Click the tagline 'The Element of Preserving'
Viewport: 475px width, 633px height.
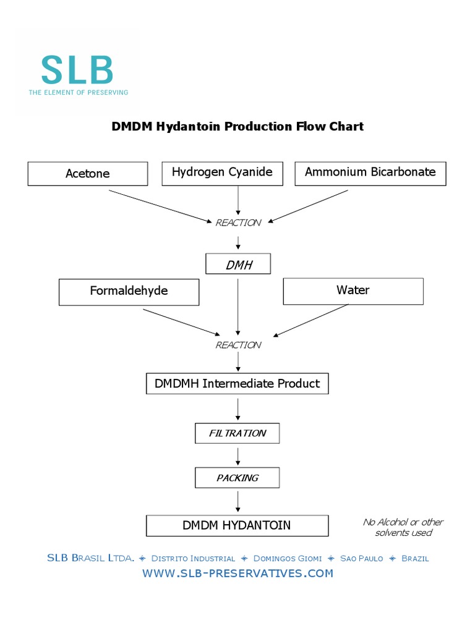(x=78, y=92)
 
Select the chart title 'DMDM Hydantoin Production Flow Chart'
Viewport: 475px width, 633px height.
(x=237, y=127)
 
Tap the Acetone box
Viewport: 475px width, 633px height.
(x=88, y=174)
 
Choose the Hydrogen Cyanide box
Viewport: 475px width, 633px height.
(x=222, y=172)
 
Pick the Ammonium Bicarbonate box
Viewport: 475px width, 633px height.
(x=370, y=172)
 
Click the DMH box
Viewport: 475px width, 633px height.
(x=238, y=265)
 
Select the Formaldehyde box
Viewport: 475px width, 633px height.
(x=129, y=291)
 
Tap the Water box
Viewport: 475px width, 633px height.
(x=353, y=291)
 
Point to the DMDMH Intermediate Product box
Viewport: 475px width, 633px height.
(x=237, y=384)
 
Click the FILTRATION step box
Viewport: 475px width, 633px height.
(x=237, y=433)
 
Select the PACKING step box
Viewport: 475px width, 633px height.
(x=237, y=478)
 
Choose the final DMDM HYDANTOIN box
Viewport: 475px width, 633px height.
(x=237, y=525)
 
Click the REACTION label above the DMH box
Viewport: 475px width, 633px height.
(x=238, y=223)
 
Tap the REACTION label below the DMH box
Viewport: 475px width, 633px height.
(x=238, y=345)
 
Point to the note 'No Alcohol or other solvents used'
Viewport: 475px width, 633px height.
(x=403, y=527)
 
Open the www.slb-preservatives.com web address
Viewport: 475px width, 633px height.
(x=237, y=573)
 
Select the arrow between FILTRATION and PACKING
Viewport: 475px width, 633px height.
(x=238, y=456)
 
